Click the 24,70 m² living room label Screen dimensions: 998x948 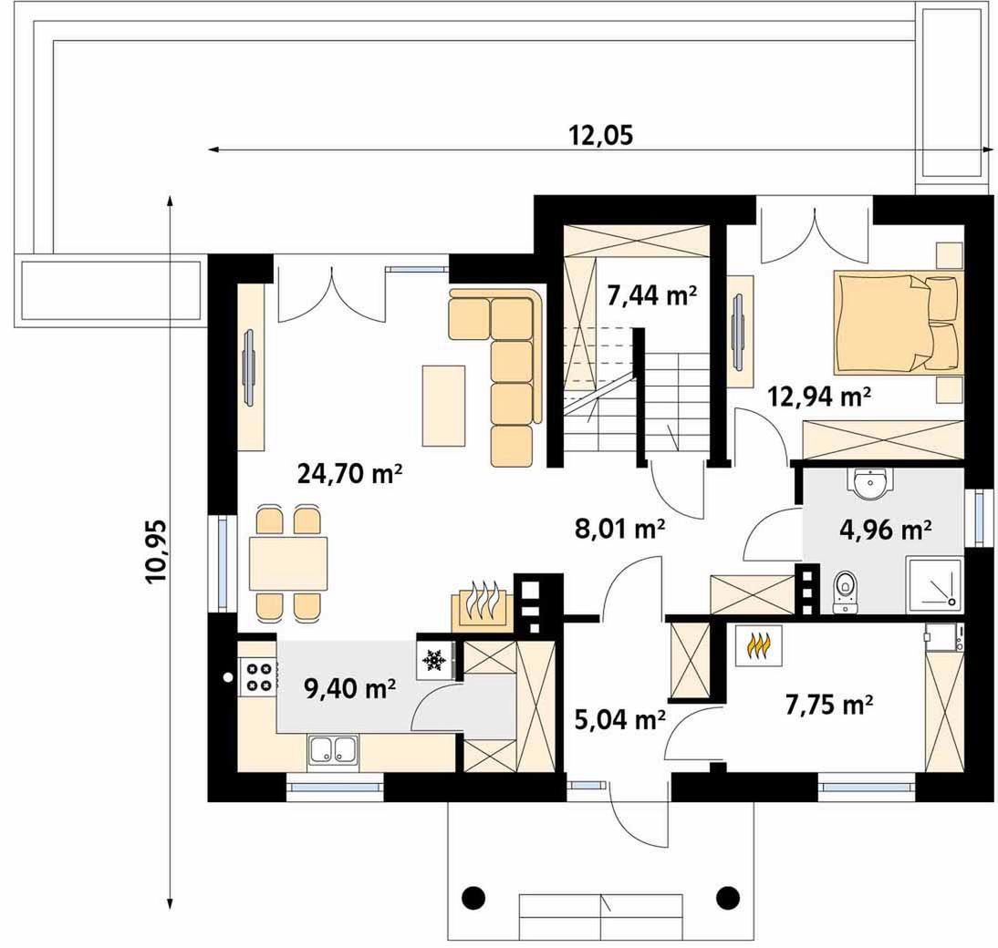coord(349,474)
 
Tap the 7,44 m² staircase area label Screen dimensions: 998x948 coord(652,295)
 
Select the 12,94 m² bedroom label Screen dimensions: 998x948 coord(820,397)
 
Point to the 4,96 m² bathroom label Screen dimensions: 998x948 coord(886,529)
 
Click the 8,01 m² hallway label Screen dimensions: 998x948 coord(620,529)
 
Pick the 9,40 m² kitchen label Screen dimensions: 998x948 coord(350,688)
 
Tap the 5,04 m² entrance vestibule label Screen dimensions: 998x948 coord(620,720)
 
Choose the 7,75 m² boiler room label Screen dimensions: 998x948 coord(828,705)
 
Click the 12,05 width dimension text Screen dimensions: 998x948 coord(601,135)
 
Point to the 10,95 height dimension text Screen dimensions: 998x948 coord(155,551)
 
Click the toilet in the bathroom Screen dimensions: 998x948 coord(846,592)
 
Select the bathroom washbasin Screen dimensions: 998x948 coord(869,485)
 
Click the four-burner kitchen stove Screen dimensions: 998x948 coord(258,676)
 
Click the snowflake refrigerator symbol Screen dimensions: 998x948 coord(435,660)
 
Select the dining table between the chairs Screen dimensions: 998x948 coord(288,563)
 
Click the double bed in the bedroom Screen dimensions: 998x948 coord(898,322)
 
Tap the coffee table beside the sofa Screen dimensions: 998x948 coord(443,406)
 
